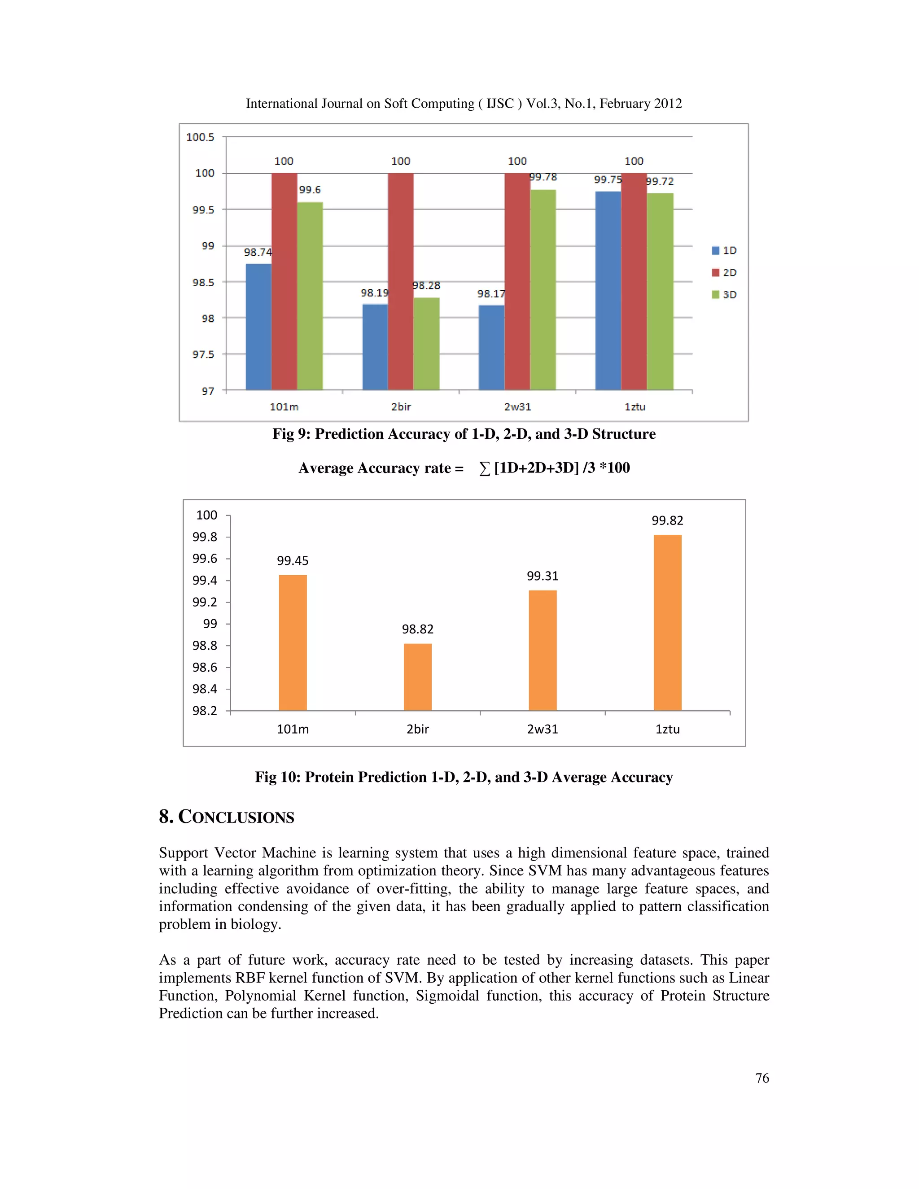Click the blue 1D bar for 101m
258,327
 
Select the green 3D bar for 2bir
426,344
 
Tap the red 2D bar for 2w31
517,281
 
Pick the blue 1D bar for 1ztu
608,290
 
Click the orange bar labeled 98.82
418,677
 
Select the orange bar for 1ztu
667,622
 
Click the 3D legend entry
724,294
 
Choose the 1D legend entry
724,250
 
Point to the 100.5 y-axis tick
200,137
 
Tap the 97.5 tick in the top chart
203,354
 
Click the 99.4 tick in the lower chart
205,580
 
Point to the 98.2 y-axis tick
205,710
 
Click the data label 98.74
258,252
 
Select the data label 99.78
543,177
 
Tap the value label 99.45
293,561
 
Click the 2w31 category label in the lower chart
542,729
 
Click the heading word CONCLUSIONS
236,817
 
